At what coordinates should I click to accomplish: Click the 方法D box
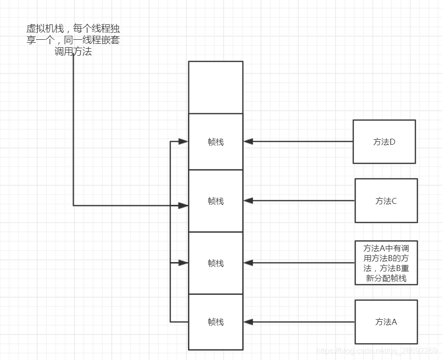point(384,142)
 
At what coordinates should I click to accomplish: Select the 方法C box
point(386,201)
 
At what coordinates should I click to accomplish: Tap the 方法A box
point(386,322)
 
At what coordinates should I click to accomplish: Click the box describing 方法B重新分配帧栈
point(386,263)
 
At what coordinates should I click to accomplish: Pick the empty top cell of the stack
point(216,88)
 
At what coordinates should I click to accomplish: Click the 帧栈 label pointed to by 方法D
point(216,142)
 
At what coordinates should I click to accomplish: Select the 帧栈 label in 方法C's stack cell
point(216,201)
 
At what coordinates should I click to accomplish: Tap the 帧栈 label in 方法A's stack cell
point(216,322)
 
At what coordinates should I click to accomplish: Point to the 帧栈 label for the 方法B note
point(216,264)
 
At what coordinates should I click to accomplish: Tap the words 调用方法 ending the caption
point(73,51)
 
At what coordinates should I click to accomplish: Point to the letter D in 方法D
point(392,142)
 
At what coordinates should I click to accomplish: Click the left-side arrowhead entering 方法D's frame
point(183,142)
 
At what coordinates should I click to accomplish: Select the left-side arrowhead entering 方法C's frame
point(183,205)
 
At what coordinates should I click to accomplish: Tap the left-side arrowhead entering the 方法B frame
point(183,263)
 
